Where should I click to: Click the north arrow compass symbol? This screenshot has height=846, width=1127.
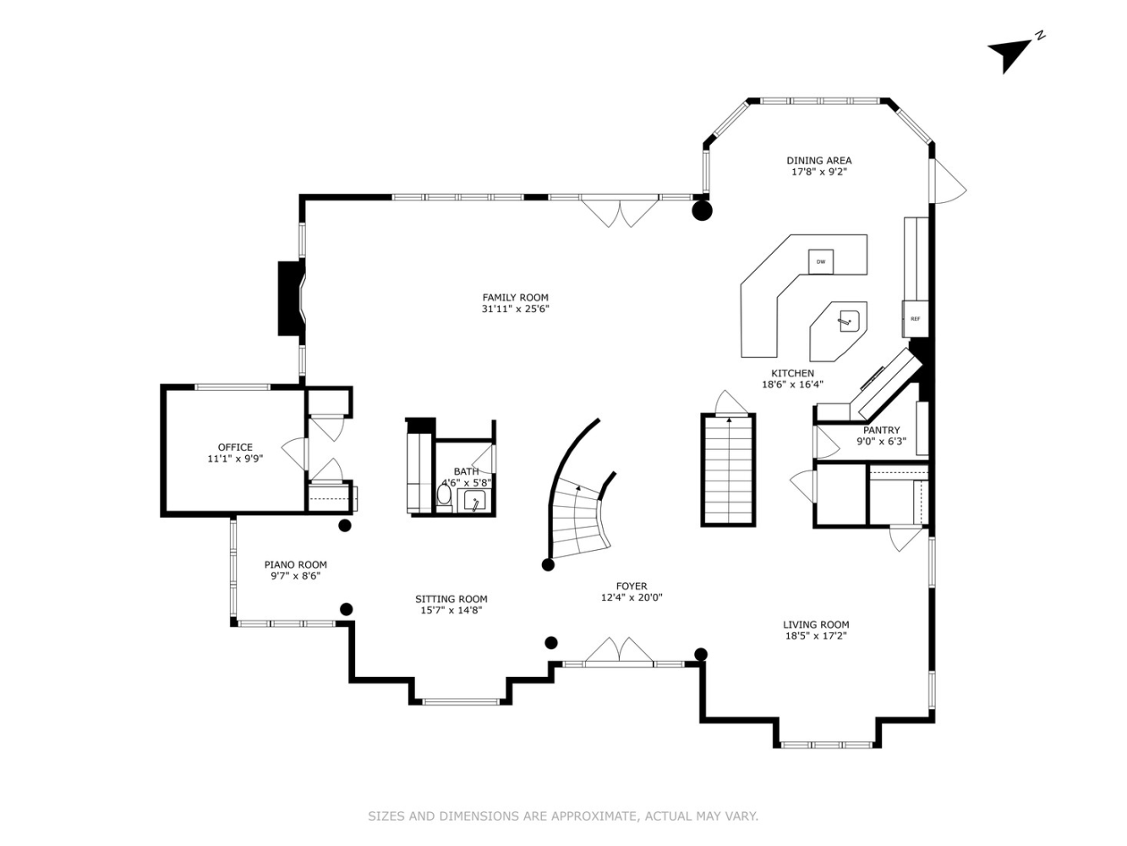(1011, 54)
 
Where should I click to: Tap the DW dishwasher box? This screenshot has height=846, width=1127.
(820, 262)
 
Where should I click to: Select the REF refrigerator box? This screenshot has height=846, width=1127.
(915, 319)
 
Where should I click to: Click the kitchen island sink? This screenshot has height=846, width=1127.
(848, 320)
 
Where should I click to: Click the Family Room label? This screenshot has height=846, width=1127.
(515, 298)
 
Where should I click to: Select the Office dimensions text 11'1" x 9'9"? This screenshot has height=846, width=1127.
(235, 459)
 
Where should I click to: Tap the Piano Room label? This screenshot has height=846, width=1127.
(295, 564)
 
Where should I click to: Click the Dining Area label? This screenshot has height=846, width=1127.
(818, 160)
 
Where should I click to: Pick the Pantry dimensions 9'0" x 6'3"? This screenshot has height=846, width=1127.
(881, 441)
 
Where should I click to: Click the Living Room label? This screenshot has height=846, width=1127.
(816, 624)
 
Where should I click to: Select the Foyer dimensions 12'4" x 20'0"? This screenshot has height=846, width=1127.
(631, 597)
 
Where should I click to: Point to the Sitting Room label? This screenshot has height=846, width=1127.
(451, 599)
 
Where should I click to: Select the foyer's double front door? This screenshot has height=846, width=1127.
(619, 652)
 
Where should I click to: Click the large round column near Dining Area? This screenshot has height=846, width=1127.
(702, 210)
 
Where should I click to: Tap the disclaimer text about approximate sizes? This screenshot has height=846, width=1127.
(562, 816)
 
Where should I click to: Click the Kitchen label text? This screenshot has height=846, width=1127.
(792, 373)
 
